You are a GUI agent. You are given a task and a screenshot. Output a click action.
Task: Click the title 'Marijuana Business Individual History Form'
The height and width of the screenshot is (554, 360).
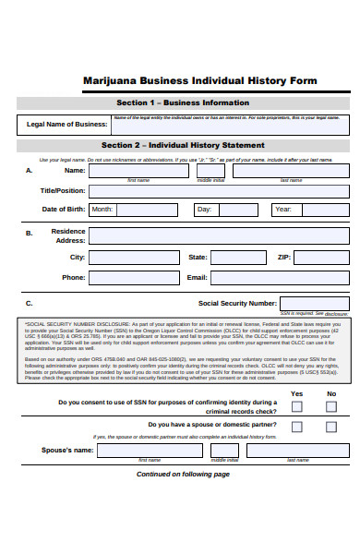199,80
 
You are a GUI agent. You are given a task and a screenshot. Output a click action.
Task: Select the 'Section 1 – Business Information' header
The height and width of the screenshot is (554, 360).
182,102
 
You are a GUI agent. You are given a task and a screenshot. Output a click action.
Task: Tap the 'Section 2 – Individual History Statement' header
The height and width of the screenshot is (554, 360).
182,146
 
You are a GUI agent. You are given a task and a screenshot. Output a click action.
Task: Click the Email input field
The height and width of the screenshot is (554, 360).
280,278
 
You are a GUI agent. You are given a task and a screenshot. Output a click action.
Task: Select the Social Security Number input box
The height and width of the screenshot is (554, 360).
314,303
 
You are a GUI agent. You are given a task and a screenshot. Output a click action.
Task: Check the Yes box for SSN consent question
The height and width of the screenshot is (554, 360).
297,406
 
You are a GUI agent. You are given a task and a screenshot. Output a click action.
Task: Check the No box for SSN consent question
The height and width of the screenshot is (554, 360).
331,406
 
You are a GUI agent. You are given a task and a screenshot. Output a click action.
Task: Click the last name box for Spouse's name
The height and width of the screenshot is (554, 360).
296,450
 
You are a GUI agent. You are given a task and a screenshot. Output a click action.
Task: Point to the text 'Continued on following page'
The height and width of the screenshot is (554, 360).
183,475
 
